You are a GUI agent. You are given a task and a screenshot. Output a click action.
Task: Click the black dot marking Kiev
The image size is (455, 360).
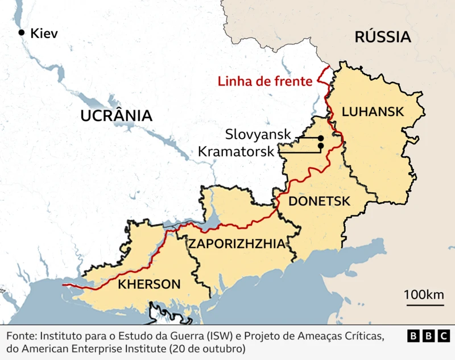coord(22,33)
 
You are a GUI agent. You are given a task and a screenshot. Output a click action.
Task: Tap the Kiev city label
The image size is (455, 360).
coord(45,33)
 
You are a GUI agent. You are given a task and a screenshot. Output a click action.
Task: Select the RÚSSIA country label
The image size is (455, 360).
coord(382,38)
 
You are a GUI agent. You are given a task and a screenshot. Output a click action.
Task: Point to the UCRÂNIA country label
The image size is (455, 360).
coord(117,115)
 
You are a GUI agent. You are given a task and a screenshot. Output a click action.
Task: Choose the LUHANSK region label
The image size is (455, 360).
coord(373,111)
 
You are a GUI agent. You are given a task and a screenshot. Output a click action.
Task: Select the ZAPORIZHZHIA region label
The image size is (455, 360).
coord(237,244)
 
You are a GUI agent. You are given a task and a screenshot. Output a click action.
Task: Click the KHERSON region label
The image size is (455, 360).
coord(149,284)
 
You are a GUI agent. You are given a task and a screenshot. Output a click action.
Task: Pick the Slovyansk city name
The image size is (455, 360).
coord(258,135)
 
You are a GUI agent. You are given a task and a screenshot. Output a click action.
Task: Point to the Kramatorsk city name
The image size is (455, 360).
coord(236,151)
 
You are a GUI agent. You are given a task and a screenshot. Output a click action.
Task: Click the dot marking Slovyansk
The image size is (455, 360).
coord(321,138)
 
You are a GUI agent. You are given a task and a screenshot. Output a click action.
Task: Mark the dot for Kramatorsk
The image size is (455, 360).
coord(321,146)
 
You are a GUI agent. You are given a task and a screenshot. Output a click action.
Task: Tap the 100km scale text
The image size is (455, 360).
coord(424,295)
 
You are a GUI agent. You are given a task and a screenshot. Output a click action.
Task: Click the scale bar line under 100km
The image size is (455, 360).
coord(424,305)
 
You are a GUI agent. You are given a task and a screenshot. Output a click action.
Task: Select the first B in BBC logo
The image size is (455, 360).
coord(413,336)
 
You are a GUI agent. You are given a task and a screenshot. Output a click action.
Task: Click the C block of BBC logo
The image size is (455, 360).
coord(443,336)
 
